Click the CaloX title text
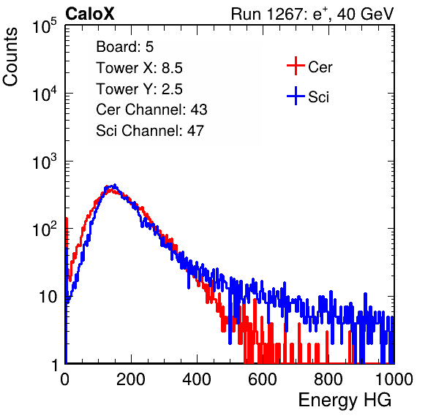click(90, 14)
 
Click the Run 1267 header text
click(312, 14)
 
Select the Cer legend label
click(320, 67)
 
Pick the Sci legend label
click(319, 97)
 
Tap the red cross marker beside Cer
click(296, 66)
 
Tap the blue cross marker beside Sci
click(296, 96)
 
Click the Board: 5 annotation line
click(125, 47)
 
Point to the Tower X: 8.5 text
click(139, 68)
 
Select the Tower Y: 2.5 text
click(139, 89)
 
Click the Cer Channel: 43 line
click(151, 110)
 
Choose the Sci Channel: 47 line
click(150, 131)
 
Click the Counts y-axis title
click(10, 57)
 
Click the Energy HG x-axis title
click(345, 400)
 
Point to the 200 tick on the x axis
click(131, 379)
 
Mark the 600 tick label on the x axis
click(263, 379)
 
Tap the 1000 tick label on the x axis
click(394, 379)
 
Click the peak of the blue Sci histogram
click(114, 186)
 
